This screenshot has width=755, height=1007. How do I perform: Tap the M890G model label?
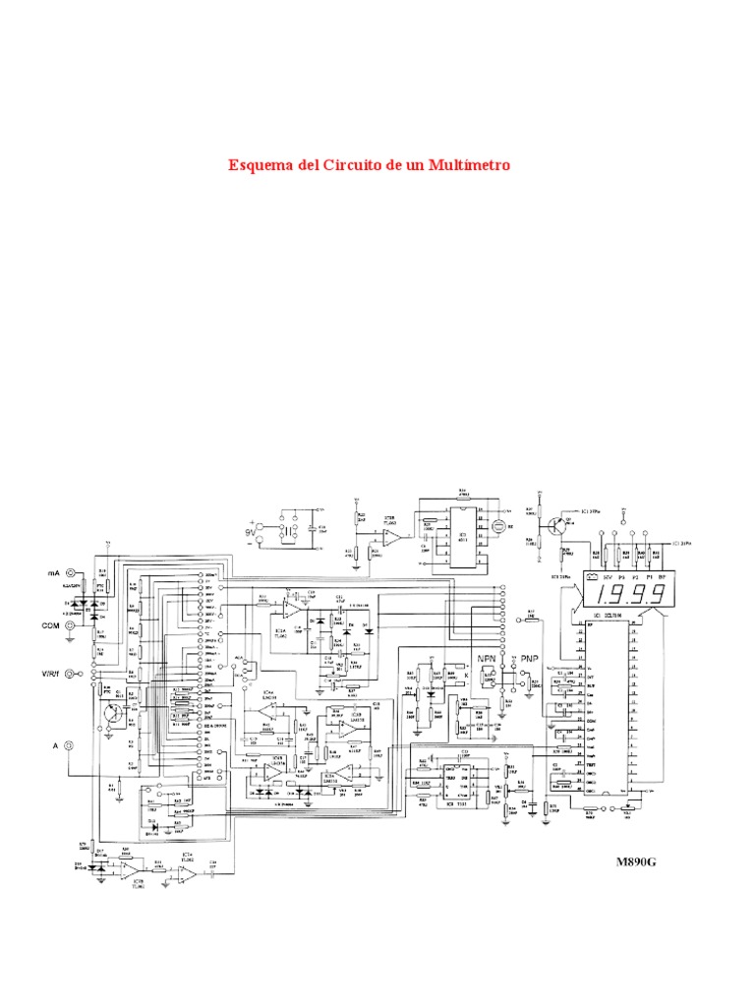(635, 861)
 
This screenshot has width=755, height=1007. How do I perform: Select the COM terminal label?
(51, 624)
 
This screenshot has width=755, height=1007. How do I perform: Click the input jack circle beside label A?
(69, 746)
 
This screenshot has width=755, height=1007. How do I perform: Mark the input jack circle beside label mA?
(69, 572)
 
